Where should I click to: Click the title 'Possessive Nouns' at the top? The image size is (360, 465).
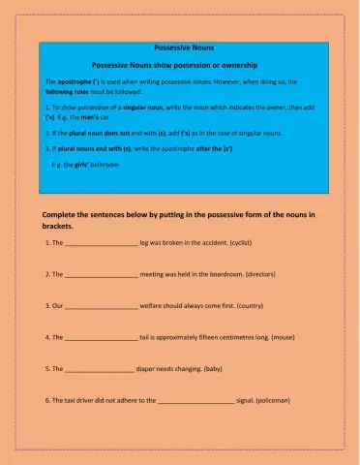pos(179,46)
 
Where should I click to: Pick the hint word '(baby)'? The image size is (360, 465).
pos(219,369)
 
